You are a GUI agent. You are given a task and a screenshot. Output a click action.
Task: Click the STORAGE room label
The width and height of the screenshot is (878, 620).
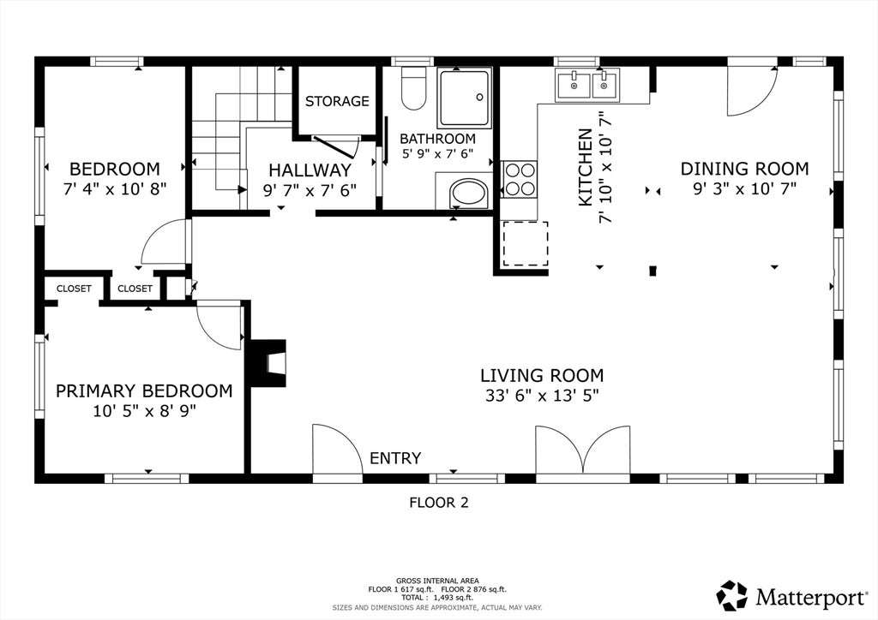click(x=336, y=101)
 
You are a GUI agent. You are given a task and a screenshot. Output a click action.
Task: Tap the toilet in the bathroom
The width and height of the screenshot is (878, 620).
click(x=414, y=88)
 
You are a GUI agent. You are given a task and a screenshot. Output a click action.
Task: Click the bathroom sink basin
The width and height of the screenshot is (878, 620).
click(x=470, y=194)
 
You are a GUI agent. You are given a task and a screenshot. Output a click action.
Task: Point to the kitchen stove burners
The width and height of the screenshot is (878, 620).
click(x=520, y=180)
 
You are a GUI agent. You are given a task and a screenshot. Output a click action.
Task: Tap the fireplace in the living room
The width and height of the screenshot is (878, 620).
click(x=268, y=363)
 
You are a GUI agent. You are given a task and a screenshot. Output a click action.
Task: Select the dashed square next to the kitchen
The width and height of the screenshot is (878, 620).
click(x=526, y=244)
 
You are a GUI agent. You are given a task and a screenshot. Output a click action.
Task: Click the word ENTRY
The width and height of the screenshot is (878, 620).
click(x=395, y=458)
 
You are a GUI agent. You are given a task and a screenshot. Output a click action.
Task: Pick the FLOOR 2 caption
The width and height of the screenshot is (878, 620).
click(x=438, y=503)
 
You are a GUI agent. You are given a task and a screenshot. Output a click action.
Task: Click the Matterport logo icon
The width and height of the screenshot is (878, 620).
click(x=732, y=596)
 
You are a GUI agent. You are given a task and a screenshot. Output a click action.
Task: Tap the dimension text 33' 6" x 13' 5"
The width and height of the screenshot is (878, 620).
click(x=542, y=396)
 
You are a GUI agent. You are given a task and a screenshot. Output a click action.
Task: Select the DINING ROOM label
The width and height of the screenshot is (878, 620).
click(x=744, y=169)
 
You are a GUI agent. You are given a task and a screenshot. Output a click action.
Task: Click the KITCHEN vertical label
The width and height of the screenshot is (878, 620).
click(x=585, y=167)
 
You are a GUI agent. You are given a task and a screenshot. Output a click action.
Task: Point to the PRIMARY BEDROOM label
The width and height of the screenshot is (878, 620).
click(x=144, y=390)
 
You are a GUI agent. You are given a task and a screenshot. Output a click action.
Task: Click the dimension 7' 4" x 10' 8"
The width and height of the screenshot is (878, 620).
click(x=115, y=189)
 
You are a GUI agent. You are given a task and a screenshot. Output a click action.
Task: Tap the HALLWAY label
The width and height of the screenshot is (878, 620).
click(x=310, y=170)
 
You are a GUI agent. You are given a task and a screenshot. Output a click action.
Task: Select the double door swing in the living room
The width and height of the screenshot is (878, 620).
click(x=583, y=450)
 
